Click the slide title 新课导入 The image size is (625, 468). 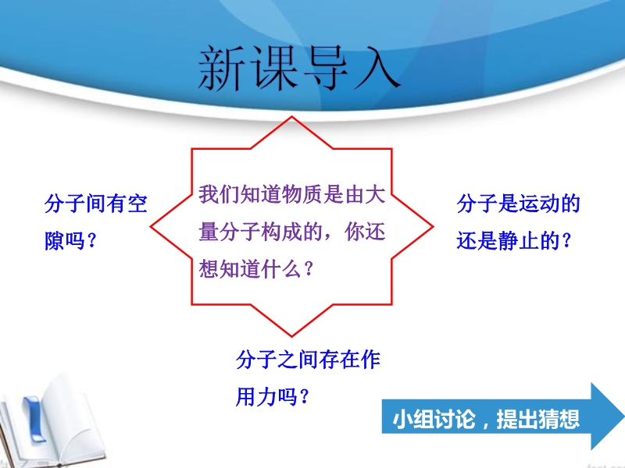pos(299,68)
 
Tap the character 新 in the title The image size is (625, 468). pos(222,68)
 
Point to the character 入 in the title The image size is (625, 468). pos(377,68)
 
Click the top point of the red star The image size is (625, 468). pos(291,116)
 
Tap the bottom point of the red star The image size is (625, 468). pos(291,336)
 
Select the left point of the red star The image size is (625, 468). pos(151,227)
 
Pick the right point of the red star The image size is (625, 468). pos(433,227)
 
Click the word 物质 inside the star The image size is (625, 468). pos(302,194)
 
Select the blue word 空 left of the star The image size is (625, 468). pos(137,204)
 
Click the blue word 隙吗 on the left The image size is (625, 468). pos(65,241)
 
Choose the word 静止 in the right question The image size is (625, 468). pos(519,241)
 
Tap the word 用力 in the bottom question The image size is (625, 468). pos(256,397)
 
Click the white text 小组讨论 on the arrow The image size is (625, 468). pos(434,419)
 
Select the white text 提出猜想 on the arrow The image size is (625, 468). pos(537,419)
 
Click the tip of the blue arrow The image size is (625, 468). pos(623,417)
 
